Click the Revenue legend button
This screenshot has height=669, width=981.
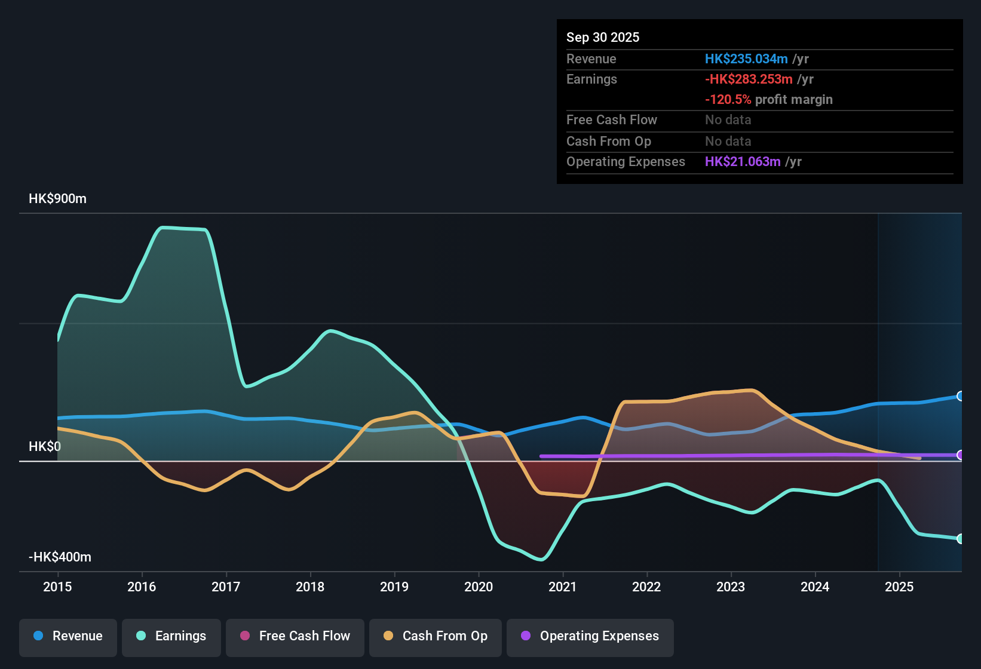point(68,636)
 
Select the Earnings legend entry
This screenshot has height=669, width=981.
point(171,636)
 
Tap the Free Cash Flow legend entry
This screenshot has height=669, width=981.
point(295,636)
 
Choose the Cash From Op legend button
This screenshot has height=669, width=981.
point(436,636)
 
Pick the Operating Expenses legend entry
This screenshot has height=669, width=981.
point(590,636)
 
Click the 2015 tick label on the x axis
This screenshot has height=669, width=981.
point(57,587)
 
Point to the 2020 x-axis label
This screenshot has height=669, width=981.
point(479,587)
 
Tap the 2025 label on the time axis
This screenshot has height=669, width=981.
point(899,587)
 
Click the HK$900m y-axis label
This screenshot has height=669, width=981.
point(57,199)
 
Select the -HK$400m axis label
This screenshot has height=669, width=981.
point(60,557)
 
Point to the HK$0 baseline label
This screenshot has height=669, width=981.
point(45,447)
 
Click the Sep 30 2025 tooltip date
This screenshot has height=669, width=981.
point(602,38)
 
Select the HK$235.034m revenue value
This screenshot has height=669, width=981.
point(746,59)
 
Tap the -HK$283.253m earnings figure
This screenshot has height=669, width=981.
point(748,79)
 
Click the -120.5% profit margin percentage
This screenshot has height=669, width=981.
point(728,100)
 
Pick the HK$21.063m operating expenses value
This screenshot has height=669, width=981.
point(742,162)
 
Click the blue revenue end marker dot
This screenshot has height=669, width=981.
point(960,396)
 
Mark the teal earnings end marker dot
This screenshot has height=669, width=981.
point(960,539)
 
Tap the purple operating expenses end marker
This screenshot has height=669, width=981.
point(960,455)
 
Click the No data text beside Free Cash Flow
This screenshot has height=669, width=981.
point(728,120)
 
